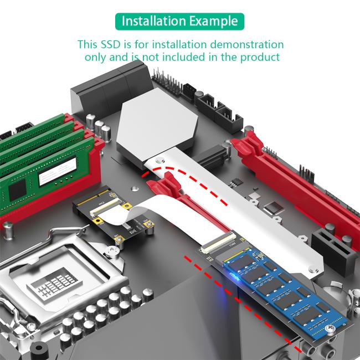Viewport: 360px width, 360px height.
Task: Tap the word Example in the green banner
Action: coord(213,22)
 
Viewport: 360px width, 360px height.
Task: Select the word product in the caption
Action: coord(259,57)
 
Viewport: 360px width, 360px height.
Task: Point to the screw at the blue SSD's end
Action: coord(332,331)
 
